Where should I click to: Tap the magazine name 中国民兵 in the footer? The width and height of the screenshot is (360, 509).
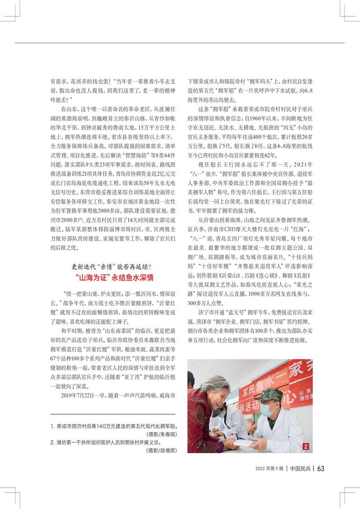300,468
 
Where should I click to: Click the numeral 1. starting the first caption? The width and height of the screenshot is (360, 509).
53,427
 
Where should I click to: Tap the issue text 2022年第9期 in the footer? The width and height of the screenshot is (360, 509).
268,468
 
